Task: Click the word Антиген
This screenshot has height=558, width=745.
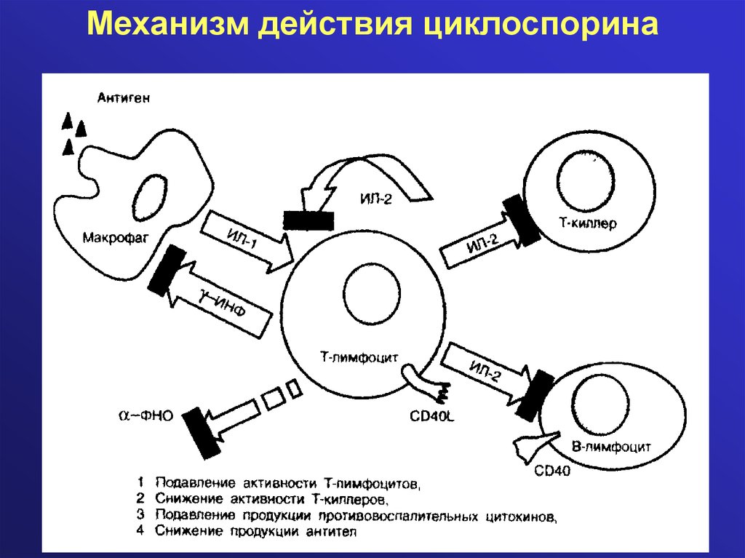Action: click(124, 98)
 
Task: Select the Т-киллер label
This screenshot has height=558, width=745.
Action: click(588, 224)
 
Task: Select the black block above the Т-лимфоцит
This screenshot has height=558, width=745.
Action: click(308, 220)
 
